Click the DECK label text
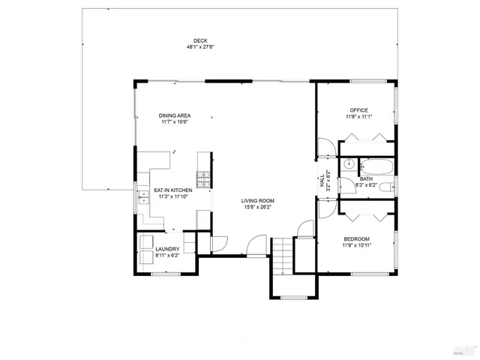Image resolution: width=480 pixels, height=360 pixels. point(200,40)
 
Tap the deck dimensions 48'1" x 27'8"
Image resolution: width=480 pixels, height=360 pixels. point(200,47)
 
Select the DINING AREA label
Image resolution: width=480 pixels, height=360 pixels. point(173,115)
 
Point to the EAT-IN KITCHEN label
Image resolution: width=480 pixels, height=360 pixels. point(173,190)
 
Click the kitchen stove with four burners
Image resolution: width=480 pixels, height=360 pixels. point(202,179)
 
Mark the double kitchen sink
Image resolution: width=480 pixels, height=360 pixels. point(142,197)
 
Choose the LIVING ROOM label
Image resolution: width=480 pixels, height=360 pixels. point(257,201)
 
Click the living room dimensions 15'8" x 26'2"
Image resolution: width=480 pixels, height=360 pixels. point(257,208)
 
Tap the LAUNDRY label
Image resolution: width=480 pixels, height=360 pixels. point(166,249)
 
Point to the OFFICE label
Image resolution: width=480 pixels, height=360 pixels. point(358,110)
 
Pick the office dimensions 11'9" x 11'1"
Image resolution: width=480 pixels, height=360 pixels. point(358,117)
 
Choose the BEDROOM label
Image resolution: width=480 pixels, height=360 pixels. point(357,238)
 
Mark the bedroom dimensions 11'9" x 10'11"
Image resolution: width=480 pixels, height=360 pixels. point(357,245)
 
